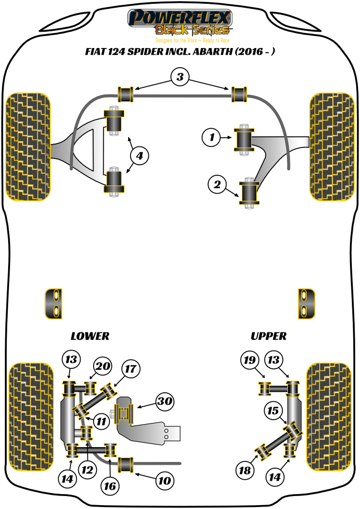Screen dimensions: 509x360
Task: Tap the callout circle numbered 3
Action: (x=180, y=77)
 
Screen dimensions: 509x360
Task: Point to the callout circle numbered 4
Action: (x=139, y=156)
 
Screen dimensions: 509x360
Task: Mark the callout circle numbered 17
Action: (x=131, y=369)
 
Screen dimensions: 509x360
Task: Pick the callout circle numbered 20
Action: (x=102, y=366)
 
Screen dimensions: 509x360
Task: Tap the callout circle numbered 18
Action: (x=245, y=471)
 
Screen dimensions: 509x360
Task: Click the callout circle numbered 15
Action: (x=273, y=411)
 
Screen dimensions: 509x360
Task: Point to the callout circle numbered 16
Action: (x=110, y=486)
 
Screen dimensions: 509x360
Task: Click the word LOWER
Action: (x=90, y=336)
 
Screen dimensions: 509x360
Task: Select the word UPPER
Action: (x=268, y=336)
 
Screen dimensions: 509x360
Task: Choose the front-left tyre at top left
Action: (x=27, y=146)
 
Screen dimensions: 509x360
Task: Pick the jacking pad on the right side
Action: (x=306, y=303)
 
